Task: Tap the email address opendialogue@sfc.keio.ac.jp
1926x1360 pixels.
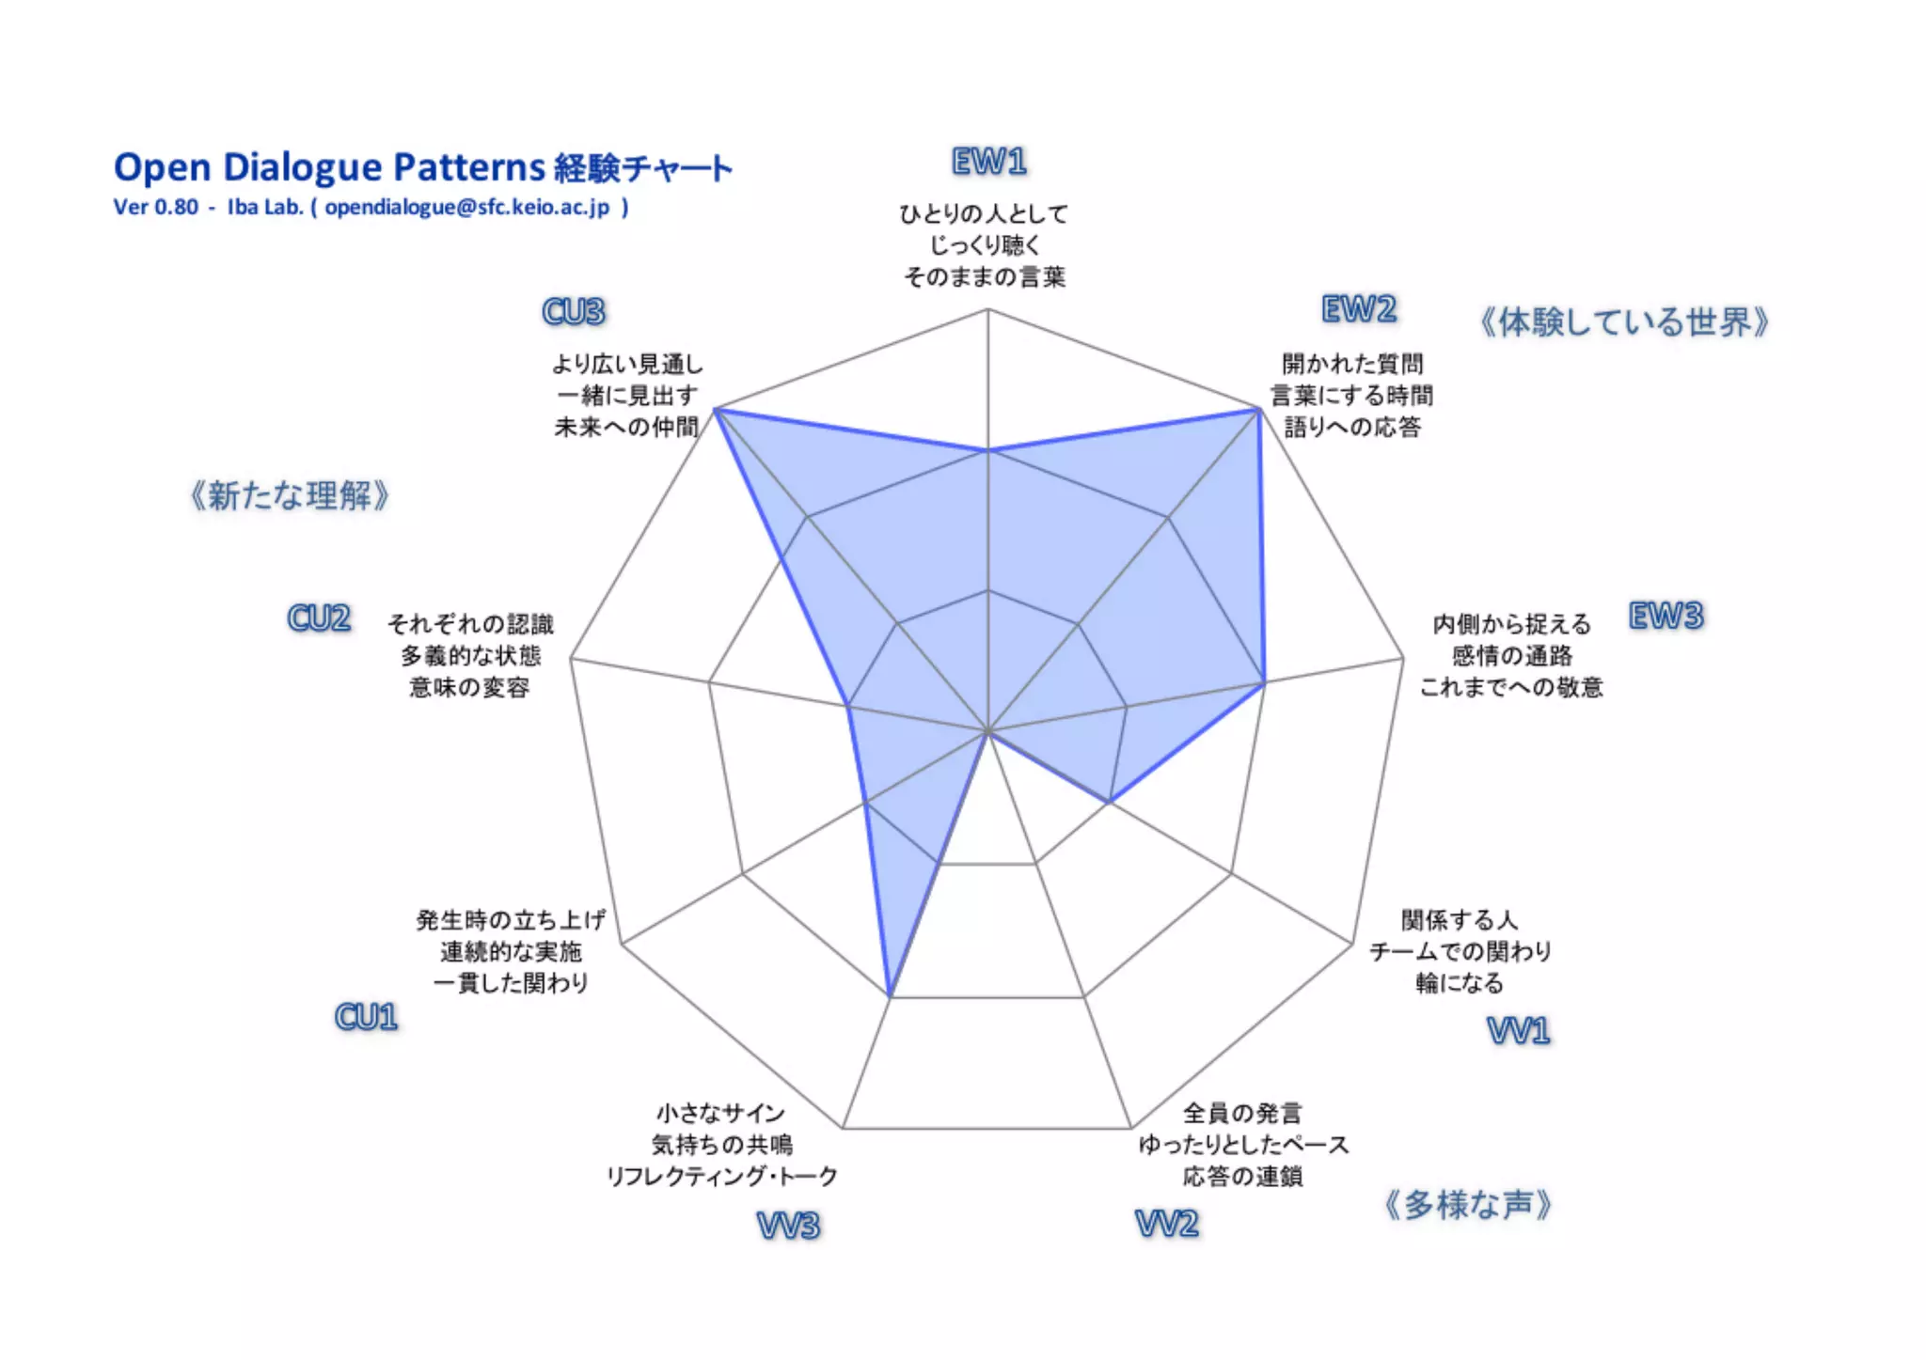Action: pos(466,207)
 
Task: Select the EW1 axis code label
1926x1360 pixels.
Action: pos(988,162)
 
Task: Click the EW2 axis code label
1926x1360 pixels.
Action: pos(1359,309)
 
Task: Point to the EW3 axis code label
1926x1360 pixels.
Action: pos(1666,617)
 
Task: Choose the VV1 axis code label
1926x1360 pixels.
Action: pos(1518,1031)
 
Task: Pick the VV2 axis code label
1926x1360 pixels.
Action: pos(1166,1224)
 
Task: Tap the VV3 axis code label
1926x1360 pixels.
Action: pos(788,1226)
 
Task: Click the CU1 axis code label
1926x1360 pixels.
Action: pos(366,1017)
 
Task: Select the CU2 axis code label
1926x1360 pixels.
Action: pos(319,618)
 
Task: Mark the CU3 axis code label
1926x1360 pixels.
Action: pos(574,312)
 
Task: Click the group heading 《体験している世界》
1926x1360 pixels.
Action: pos(1624,322)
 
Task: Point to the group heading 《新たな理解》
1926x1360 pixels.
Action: pos(289,495)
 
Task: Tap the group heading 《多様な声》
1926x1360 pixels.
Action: pos(1467,1204)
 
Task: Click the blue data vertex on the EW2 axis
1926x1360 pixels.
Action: pos(1258,410)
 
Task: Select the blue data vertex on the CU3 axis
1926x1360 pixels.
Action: pos(717,410)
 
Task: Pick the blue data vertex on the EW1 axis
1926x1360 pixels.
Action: pos(987,451)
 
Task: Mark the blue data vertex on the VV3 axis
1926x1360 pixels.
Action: pos(890,995)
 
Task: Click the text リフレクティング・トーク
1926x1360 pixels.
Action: pos(721,1176)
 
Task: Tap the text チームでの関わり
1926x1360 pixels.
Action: pos(1460,951)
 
